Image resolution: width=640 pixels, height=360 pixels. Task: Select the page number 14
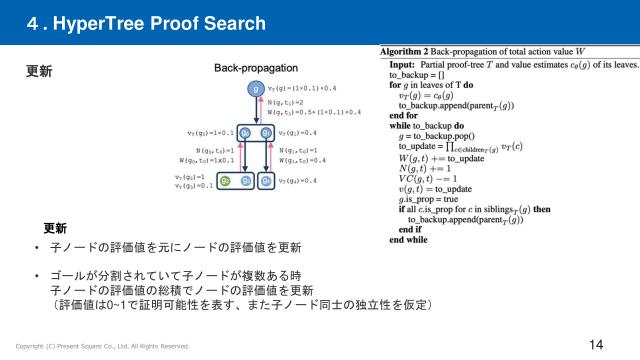596,344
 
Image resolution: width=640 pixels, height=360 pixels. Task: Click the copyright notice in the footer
102,346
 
